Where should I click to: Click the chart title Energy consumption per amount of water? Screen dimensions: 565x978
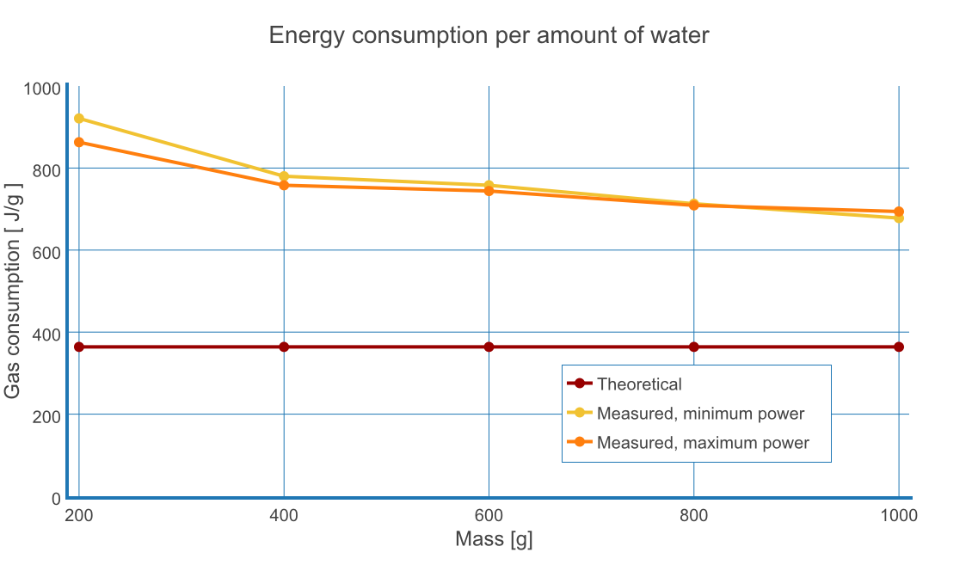click(x=489, y=35)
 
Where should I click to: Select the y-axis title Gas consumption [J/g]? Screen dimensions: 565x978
click(x=13, y=292)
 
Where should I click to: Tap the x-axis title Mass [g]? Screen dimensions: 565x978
click(x=494, y=540)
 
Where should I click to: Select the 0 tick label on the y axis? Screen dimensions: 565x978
click(x=56, y=499)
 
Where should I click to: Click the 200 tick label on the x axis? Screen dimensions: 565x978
click(x=79, y=516)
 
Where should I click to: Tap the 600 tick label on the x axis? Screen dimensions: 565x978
click(x=489, y=516)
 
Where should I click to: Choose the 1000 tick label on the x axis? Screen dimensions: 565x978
click(x=899, y=516)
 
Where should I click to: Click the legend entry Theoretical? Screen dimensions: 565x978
click(x=639, y=384)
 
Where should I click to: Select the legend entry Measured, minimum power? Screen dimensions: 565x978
click(x=700, y=414)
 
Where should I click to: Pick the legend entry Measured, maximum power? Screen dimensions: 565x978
click(x=703, y=443)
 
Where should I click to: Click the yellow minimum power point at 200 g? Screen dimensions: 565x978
click(x=79, y=119)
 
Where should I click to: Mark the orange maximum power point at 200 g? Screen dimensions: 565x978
click(x=79, y=142)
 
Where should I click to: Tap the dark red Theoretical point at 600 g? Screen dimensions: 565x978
click(x=489, y=347)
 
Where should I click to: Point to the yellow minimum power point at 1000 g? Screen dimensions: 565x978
click(x=899, y=218)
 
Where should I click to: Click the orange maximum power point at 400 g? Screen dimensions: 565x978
click(x=284, y=185)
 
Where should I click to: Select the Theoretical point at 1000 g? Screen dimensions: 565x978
click(x=899, y=347)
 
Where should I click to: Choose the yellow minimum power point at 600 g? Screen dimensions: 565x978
click(x=489, y=185)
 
